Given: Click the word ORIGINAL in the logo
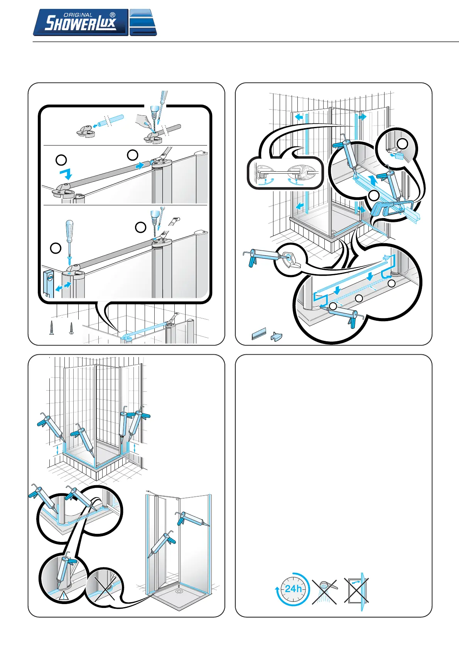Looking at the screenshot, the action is [78, 15].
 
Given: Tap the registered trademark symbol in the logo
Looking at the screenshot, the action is [113, 15].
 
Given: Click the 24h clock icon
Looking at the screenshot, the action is [293, 589].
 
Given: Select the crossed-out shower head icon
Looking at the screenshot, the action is [324, 591].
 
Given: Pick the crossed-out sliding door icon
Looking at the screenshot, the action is [356, 590].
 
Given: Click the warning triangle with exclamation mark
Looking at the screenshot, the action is [64, 596].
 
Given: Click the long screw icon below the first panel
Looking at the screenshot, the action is [52, 328].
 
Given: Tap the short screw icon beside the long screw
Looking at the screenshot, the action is [71, 328].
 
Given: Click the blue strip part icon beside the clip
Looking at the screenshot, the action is [259, 333].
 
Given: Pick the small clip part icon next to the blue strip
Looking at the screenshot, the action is [277, 337].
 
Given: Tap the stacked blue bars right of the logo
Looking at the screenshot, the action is [143, 22].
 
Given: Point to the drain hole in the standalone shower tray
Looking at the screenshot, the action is [179, 591].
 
